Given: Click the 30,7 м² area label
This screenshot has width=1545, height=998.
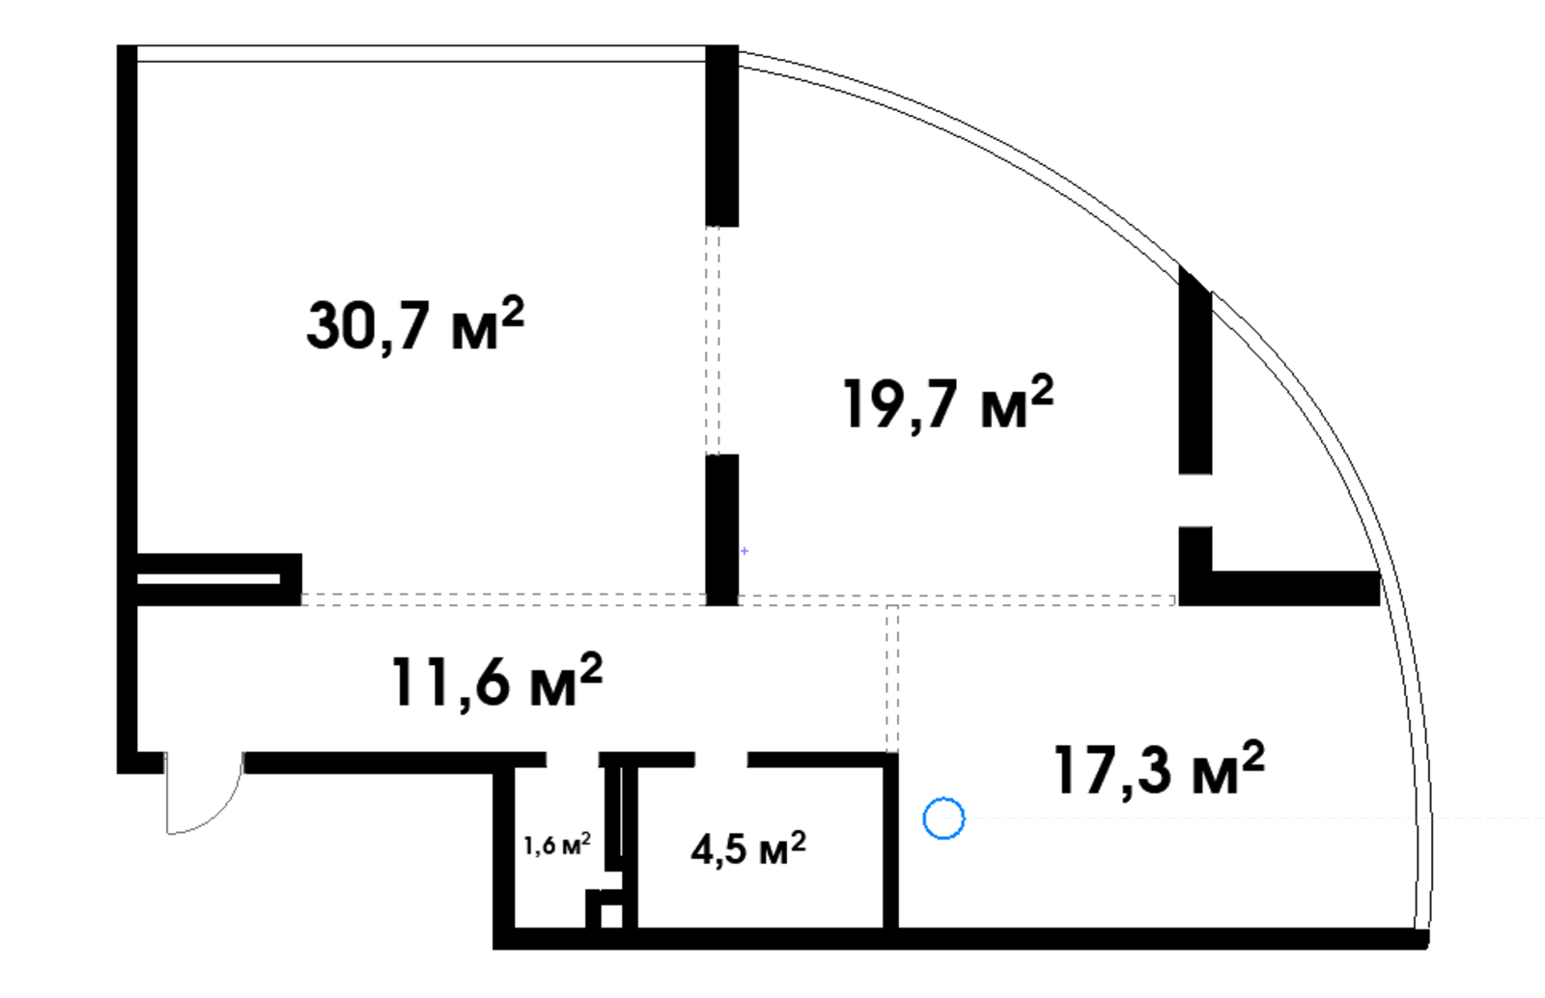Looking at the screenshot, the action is click(415, 325).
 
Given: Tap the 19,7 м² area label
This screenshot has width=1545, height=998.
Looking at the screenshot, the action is click(948, 404).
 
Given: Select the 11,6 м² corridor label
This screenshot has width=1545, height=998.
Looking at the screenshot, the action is click(497, 681).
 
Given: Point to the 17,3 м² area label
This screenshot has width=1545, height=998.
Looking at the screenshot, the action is click(1160, 770).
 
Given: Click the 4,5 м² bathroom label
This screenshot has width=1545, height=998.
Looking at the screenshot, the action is click(748, 848).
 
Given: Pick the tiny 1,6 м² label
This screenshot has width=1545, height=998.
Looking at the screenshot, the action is click(557, 845).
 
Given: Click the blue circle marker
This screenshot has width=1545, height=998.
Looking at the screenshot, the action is click(943, 818).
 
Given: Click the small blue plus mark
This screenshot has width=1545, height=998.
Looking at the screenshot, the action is click(744, 551).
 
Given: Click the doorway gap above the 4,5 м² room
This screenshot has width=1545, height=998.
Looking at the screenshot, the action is click(720, 760).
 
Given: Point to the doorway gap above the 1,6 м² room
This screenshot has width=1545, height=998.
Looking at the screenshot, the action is click(573, 760).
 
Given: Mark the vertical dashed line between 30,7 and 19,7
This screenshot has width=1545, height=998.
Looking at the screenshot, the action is click(713, 341).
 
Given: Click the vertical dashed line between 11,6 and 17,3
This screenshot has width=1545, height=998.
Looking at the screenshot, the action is click(892, 679).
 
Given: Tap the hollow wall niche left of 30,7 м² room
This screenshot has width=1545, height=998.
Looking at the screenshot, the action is click(209, 579).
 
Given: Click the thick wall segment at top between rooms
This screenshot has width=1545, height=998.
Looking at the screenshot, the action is click(722, 136).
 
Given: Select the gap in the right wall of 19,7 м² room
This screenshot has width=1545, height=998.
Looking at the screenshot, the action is click(1195, 500).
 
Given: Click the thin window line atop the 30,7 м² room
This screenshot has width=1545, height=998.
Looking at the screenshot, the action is click(421, 54).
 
